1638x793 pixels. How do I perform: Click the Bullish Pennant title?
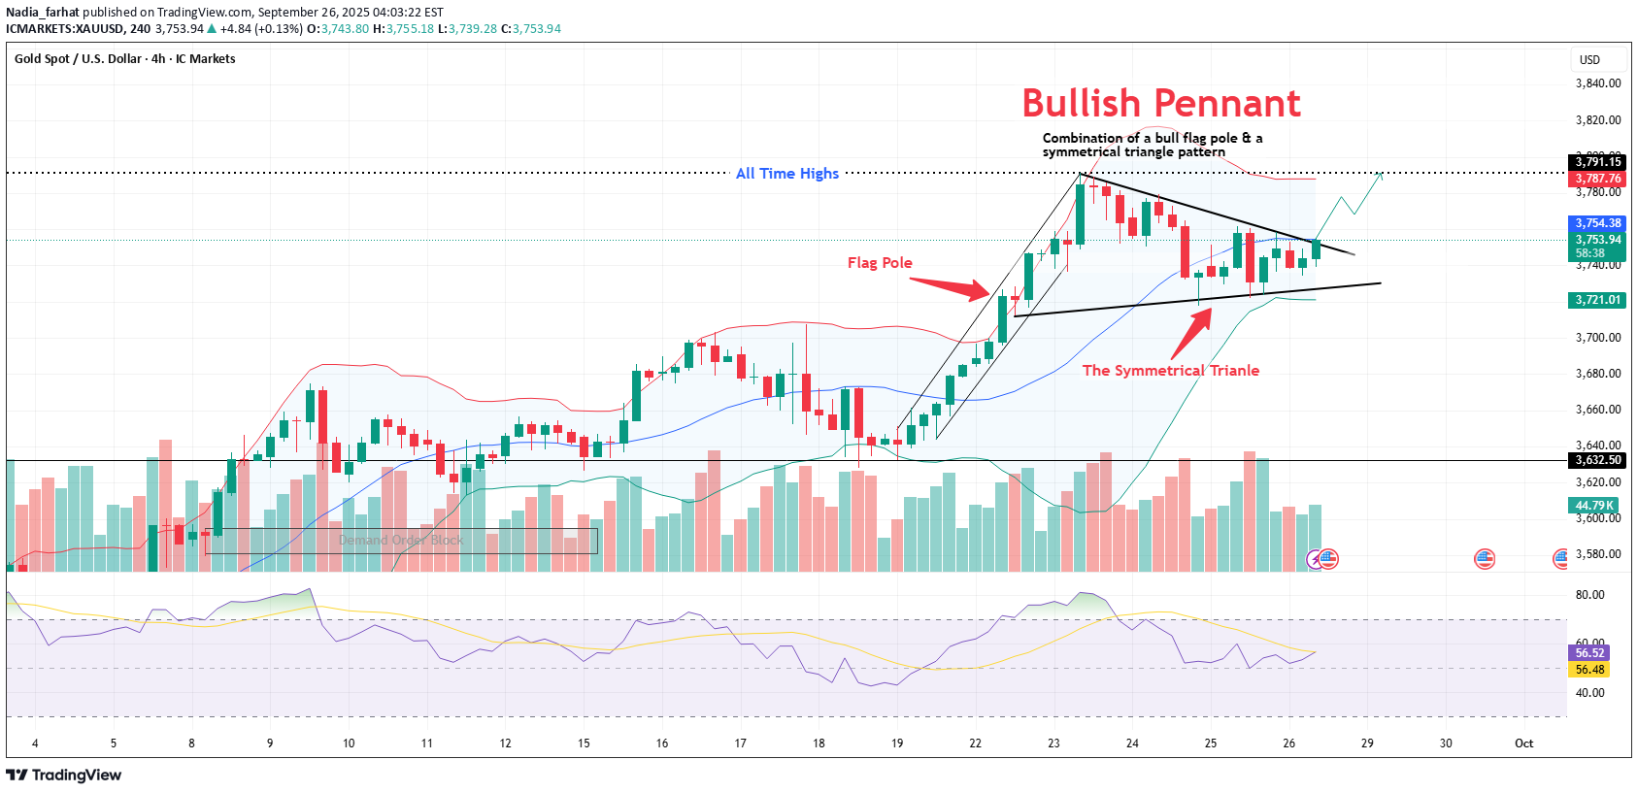pyautogui.click(x=1161, y=103)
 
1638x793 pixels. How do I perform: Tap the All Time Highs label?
pyautogui.click(x=786, y=174)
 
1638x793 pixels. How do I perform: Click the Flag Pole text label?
pyautogui.click(x=880, y=263)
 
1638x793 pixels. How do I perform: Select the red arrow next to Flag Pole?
pyautogui.click(x=951, y=286)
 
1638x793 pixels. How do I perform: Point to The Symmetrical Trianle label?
pyautogui.click(x=1170, y=371)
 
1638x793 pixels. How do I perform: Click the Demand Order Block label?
pyautogui.click(x=401, y=541)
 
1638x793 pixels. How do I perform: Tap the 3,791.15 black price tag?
pyautogui.click(x=1598, y=162)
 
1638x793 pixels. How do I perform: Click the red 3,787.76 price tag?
pyautogui.click(x=1598, y=179)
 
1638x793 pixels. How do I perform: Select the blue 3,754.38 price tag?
pyautogui.click(x=1598, y=223)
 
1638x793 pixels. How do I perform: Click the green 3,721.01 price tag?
pyautogui.click(x=1598, y=300)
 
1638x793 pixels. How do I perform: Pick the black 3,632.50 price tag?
pyautogui.click(x=1598, y=460)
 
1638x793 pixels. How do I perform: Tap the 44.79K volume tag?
pyautogui.click(x=1594, y=506)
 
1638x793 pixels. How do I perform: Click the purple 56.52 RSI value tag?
pyautogui.click(x=1589, y=653)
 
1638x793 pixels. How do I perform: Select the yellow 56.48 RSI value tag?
pyautogui.click(x=1589, y=670)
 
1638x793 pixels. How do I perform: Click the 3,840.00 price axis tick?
pyautogui.click(x=1598, y=83)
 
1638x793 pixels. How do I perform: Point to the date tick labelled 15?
pyautogui.click(x=584, y=743)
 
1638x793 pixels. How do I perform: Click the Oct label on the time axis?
pyautogui.click(x=1523, y=743)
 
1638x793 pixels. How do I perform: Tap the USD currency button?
pyautogui.click(x=1589, y=60)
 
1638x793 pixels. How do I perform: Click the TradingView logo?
pyautogui.click(x=64, y=775)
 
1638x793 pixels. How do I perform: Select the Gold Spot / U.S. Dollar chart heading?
pyautogui.click(x=124, y=59)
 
